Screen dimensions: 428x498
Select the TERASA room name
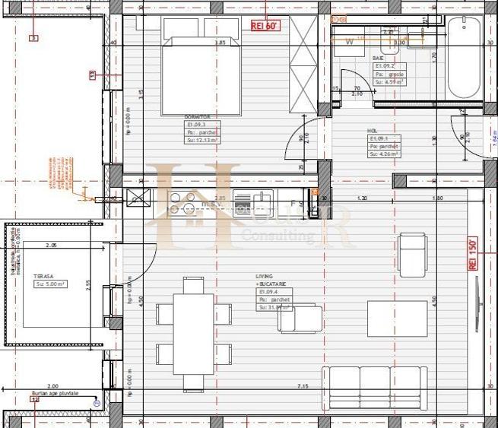point(41,277)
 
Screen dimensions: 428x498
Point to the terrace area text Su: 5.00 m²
point(50,284)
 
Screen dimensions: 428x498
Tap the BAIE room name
point(378,58)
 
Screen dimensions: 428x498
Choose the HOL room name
point(374,130)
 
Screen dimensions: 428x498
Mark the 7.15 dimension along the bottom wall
point(302,387)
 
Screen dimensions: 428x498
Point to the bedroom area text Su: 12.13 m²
point(202,140)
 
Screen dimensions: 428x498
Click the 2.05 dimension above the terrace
point(51,246)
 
